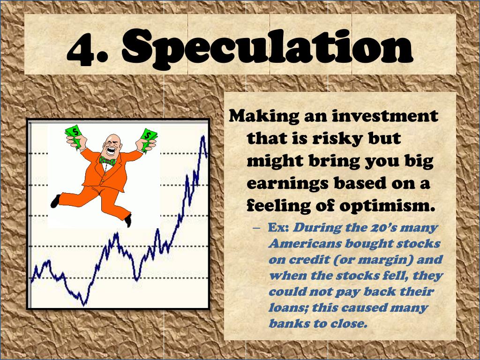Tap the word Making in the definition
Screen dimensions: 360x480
259,115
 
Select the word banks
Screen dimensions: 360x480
288,323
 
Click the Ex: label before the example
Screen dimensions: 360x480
280,228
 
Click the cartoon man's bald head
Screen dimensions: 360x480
112,141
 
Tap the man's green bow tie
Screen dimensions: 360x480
107,161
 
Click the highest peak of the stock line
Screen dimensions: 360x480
203,136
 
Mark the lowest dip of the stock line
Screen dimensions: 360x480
84,304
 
